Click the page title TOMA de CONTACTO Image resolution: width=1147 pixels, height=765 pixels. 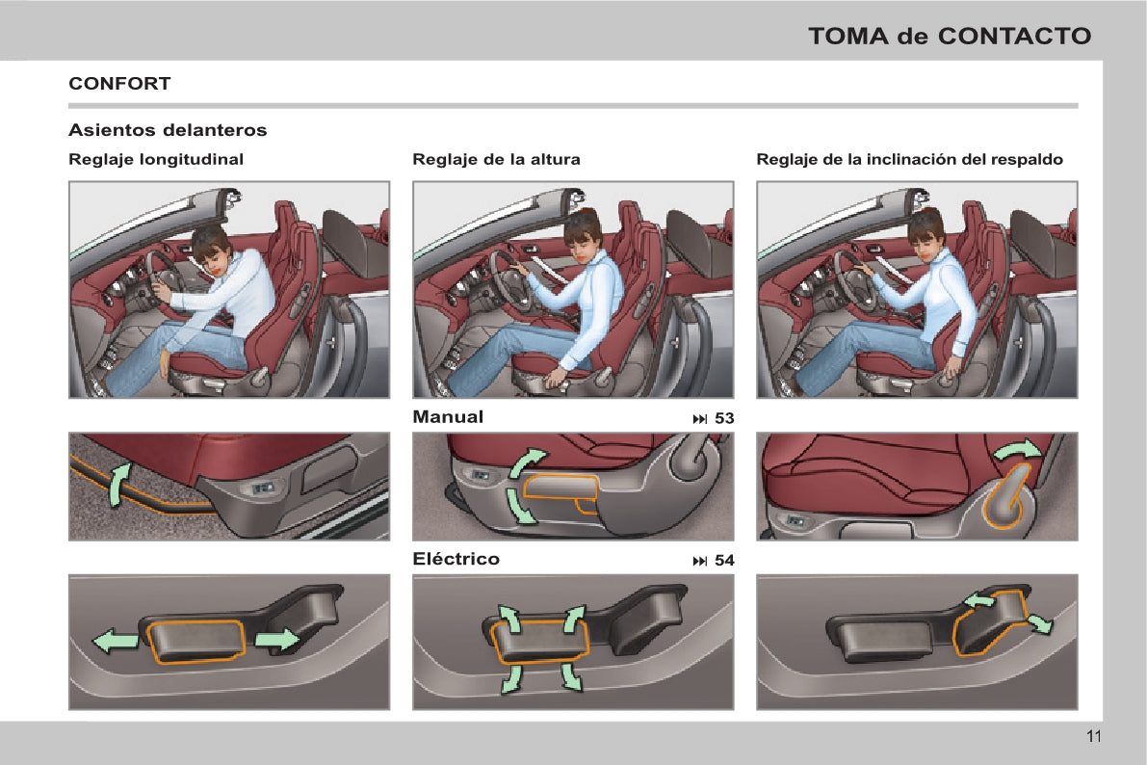click(x=950, y=36)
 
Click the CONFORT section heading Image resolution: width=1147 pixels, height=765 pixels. click(x=119, y=84)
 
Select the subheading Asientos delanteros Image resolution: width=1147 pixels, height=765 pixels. click(x=168, y=130)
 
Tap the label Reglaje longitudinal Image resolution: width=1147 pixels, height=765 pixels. click(x=156, y=160)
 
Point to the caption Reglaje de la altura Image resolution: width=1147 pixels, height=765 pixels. click(x=496, y=160)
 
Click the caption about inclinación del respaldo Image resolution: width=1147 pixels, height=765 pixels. click(x=909, y=160)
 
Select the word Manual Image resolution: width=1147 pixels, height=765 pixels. click(x=448, y=417)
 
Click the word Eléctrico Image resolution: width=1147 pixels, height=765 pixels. click(x=456, y=559)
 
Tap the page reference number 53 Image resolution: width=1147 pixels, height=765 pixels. click(x=724, y=418)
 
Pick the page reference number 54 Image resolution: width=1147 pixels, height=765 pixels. click(x=724, y=560)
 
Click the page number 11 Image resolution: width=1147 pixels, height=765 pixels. click(x=1094, y=736)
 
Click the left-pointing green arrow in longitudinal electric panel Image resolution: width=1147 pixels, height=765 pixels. click(x=116, y=642)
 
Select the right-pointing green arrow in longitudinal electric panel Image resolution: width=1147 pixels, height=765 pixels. click(x=277, y=640)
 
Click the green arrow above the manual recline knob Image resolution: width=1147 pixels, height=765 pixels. click(x=1018, y=450)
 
